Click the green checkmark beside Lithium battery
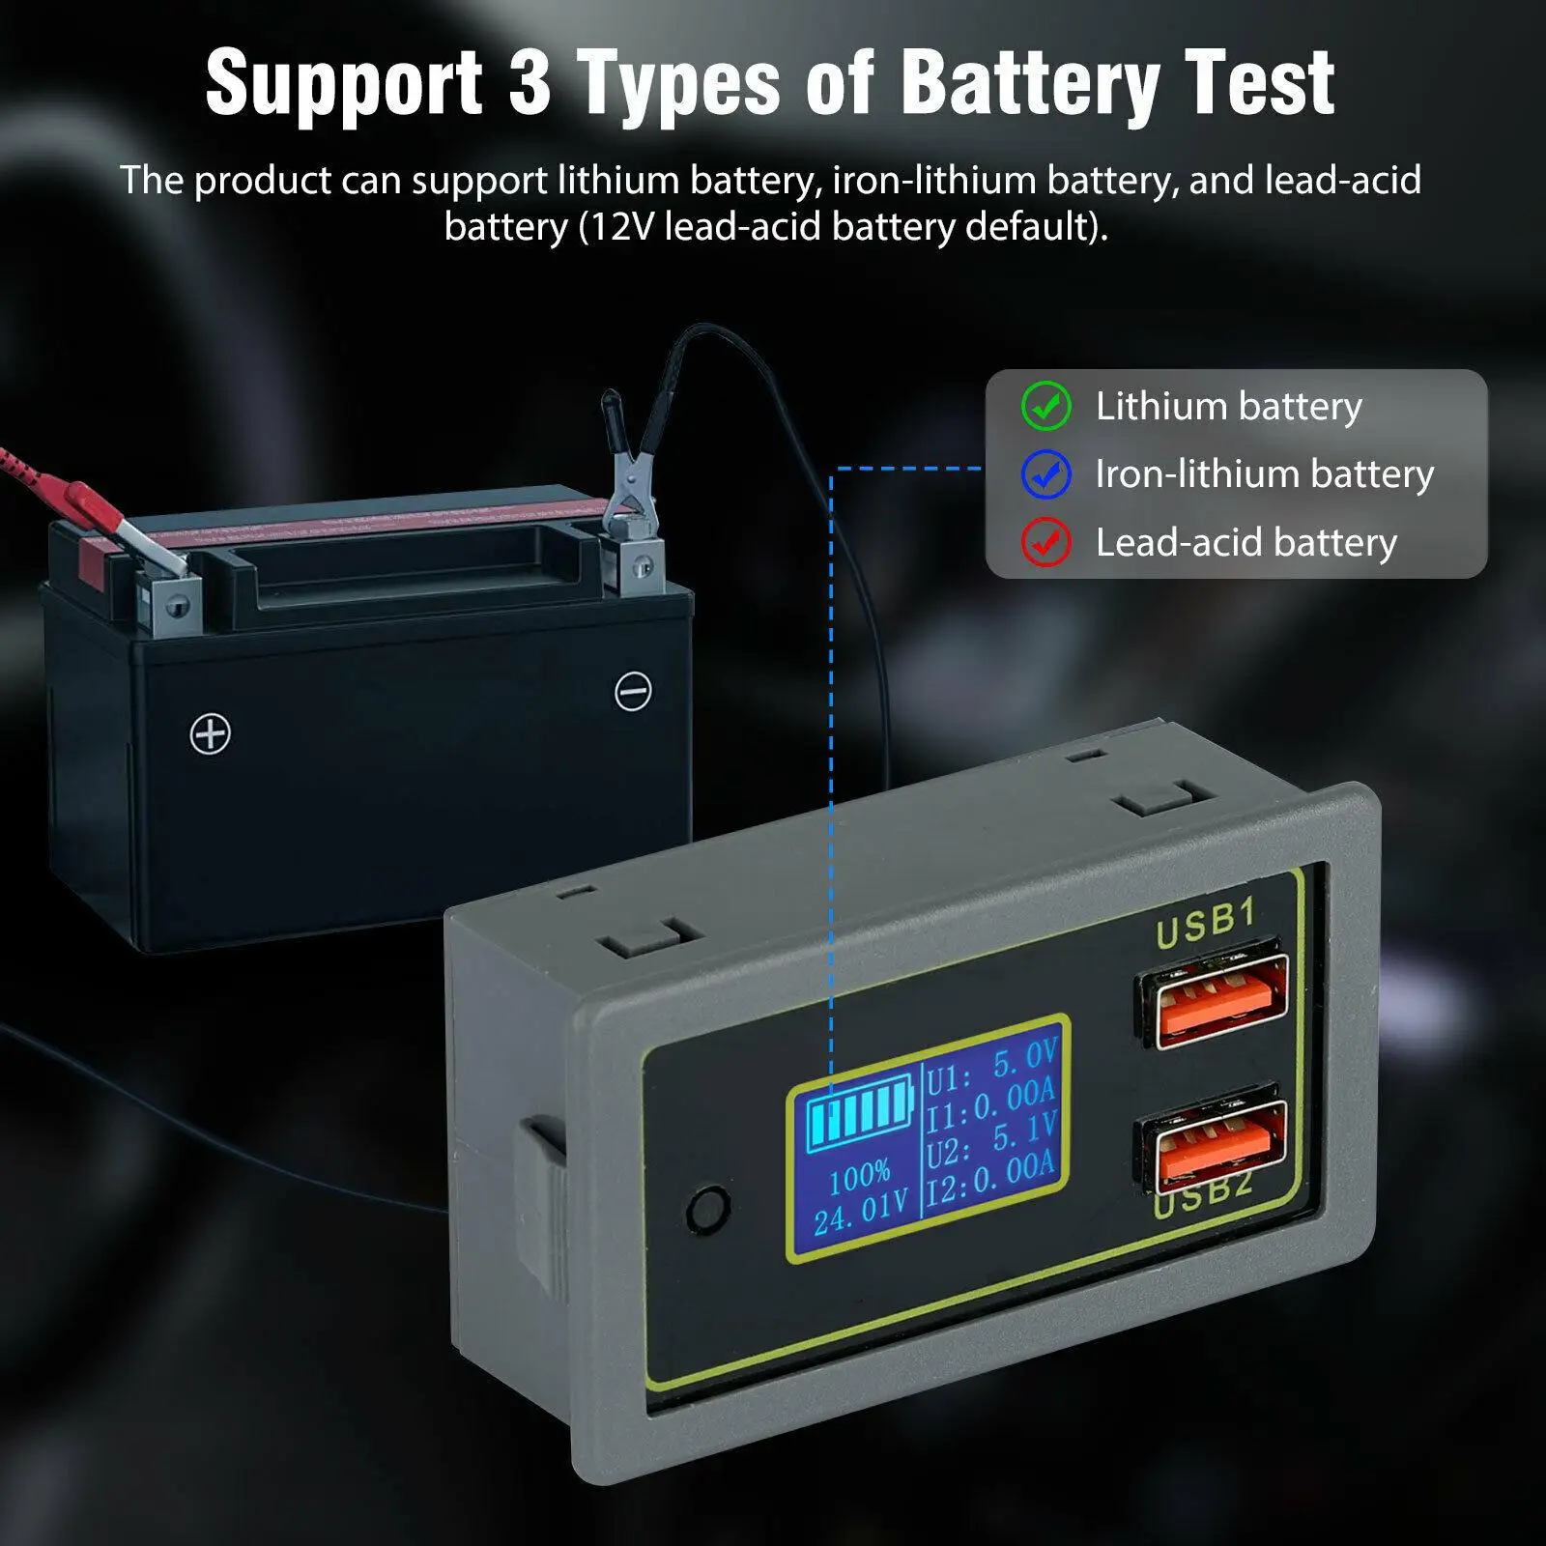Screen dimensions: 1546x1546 tap(1045, 406)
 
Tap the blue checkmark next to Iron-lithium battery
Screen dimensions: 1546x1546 tap(1045, 474)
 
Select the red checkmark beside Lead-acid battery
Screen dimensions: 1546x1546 tap(1045, 542)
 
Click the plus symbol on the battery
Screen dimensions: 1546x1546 tap(210, 734)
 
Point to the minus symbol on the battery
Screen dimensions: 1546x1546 tap(633, 691)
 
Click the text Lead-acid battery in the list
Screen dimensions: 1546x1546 tap(1245, 543)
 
